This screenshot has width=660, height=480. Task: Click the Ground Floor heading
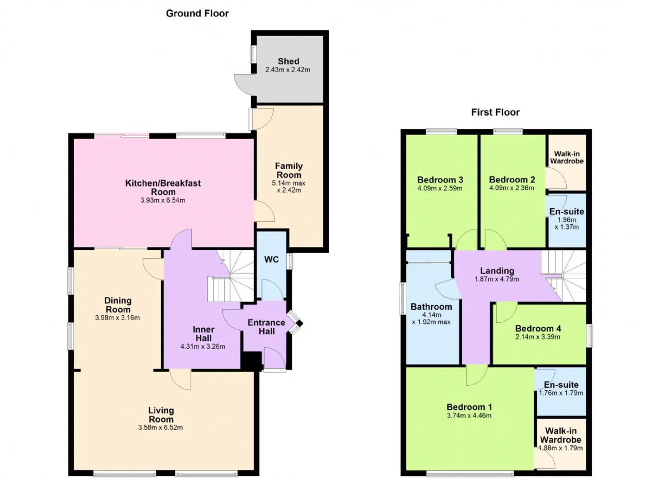(197, 13)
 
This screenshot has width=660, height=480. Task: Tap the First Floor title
(496, 112)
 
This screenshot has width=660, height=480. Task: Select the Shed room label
(288, 61)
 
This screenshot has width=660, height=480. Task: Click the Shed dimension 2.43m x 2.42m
(288, 70)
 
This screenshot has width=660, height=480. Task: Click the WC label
(271, 260)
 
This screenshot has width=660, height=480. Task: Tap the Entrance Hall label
(267, 327)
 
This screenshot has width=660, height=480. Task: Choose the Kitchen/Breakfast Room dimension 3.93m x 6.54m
(162, 201)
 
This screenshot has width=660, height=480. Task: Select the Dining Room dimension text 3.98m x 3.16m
(117, 318)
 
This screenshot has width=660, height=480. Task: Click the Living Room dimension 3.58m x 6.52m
(160, 427)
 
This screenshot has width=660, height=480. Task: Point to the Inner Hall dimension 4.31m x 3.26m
(203, 346)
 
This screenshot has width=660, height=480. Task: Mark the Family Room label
(289, 170)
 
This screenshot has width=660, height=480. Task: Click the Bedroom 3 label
(440, 180)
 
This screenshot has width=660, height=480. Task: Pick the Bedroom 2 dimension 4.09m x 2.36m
(511, 188)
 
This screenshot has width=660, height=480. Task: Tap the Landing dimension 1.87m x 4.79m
(497, 279)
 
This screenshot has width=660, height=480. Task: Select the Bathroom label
(431, 307)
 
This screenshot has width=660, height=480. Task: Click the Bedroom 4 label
(538, 328)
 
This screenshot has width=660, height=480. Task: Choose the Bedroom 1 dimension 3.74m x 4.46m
(469, 416)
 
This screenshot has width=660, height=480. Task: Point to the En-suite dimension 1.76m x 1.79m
(560, 393)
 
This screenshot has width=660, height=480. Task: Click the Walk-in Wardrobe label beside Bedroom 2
(567, 157)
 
